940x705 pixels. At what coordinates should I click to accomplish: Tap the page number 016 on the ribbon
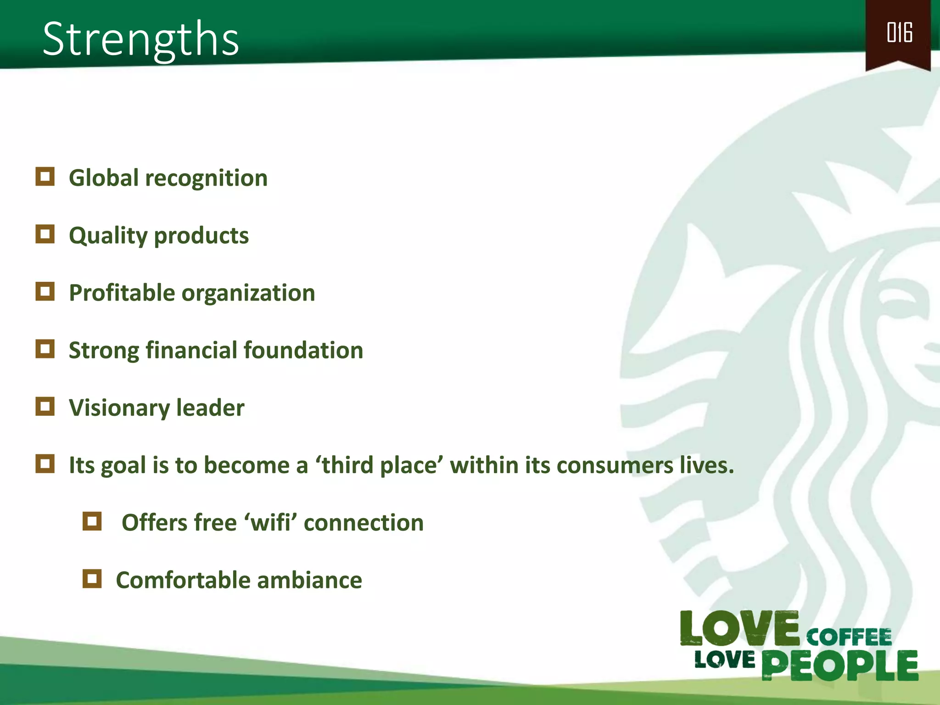pyautogui.click(x=899, y=33)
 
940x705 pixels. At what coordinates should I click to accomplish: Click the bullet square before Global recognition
pyautogui.click(x=45, y=177)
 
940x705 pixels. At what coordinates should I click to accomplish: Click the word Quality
pyautogui.click(x=108, y=236)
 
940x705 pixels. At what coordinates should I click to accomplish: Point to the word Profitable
pyautogui.click(x=122, y=293)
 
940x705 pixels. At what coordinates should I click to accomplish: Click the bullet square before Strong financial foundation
pyautogui.click(x=45, y=349)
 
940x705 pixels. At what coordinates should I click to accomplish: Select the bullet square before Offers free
pyautogui.click(x=92, y=521)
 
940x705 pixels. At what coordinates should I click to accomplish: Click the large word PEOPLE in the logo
pyautogui.click(x=839, y=665)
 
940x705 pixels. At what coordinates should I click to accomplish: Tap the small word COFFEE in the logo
pyautogui.click(x=849, y=637)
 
